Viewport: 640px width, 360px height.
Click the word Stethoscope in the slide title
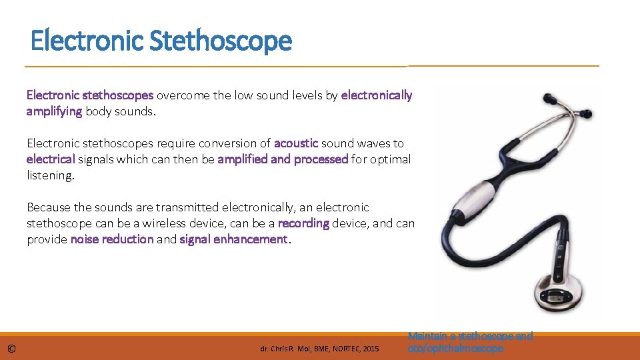[x=221, y=41]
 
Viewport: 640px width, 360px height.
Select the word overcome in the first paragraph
[x=183, y=95]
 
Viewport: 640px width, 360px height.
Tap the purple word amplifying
[x=54, y=111]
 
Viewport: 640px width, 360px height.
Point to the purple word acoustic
[x=296, y=143]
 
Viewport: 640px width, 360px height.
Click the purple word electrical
[x=51, y=159]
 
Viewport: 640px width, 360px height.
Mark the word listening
[x=50, y=175]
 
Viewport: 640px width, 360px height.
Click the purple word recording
[x=303, y=223]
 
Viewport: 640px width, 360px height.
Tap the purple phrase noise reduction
[x=112, y=239]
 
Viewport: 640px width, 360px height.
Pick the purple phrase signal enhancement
[x=234, y=239]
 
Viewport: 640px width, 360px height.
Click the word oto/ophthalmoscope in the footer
[x=455, y=348]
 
